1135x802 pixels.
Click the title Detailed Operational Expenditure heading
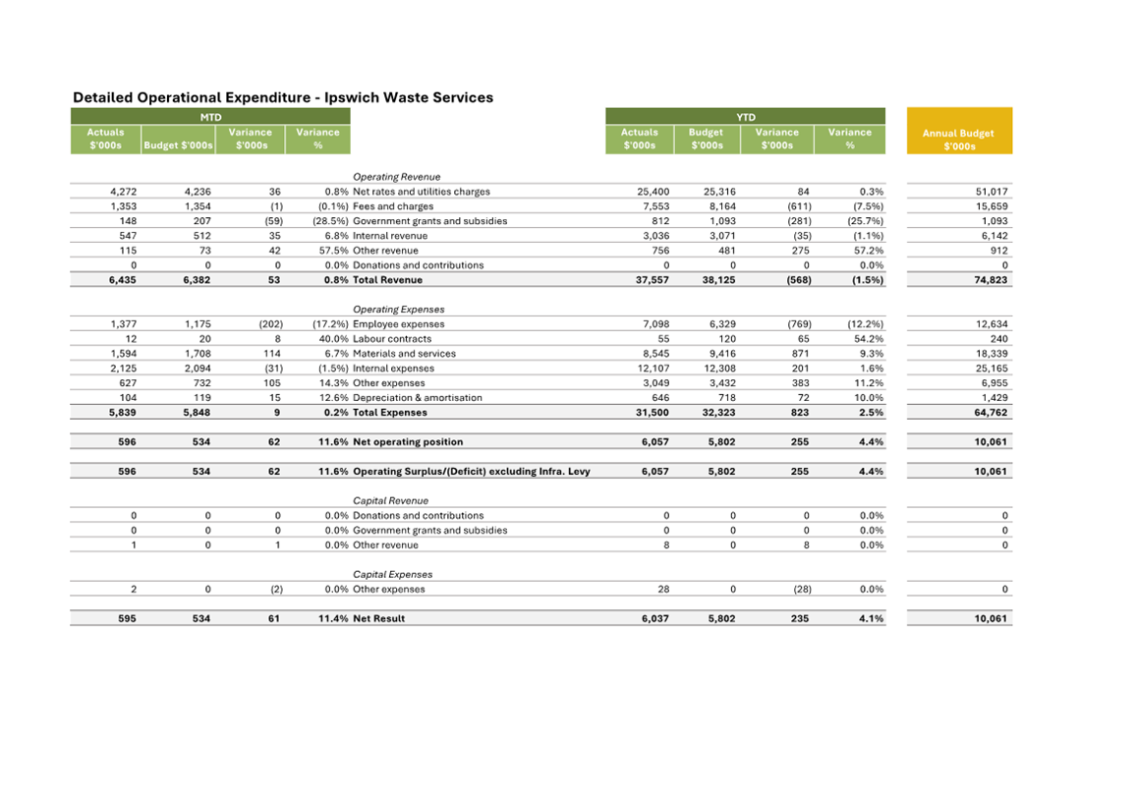coord(283,97)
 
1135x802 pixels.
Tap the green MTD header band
coord(210,117)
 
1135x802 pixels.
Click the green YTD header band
coord(745,117)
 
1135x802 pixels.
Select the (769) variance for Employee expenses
coord(799,324)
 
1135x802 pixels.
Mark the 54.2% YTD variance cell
coord(868,339)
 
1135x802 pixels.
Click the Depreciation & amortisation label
coord(418,398)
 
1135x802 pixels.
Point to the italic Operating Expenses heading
coord(398,310)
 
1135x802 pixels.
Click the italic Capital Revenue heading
coord(390,501)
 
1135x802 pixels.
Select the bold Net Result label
coord(378,619)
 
